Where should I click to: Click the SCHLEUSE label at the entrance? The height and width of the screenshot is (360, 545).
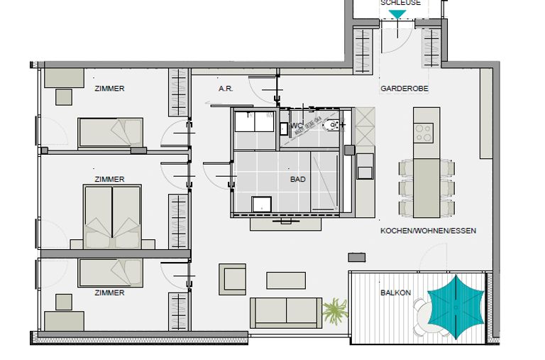(x=400, y=3)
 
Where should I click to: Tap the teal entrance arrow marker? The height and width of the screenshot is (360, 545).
(x=398, y=14)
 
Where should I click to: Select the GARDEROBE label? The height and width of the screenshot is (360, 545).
(x=404, y=89)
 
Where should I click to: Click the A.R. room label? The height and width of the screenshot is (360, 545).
(x=226, y=89)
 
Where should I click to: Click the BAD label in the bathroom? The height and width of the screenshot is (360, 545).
(x=298, y=180)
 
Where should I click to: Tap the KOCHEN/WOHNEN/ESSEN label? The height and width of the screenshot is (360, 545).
(x=428, y=231)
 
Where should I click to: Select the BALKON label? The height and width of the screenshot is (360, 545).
(x=395, y=293)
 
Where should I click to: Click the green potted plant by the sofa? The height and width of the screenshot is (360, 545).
(x=335, y=310)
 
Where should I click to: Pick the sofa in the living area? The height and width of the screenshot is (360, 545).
(x=285, y=312)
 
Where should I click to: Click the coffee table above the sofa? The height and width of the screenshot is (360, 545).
(x=286, y=280)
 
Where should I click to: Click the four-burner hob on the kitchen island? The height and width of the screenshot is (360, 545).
(x=424, y=132)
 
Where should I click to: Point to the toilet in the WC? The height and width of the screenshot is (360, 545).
(x=332, y=127)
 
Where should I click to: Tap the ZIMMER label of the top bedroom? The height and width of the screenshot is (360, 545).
(x=109, y=89)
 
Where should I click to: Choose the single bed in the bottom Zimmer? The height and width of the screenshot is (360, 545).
(x=110, y=272)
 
